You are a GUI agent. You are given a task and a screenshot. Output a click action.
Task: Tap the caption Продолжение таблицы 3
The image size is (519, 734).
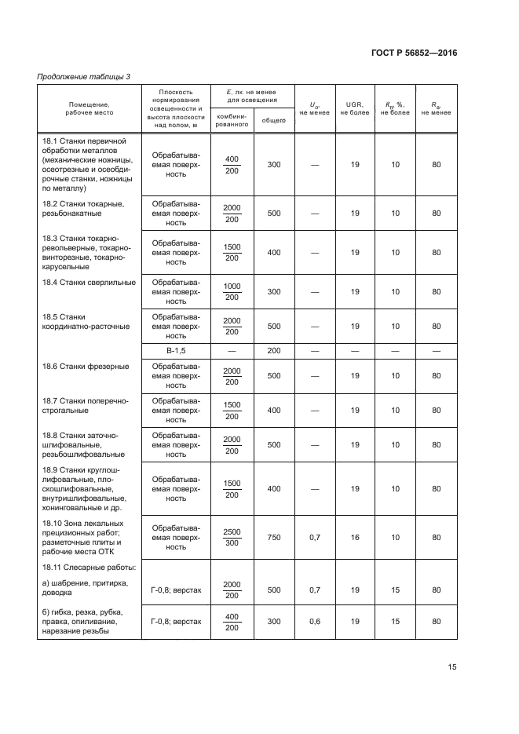pyautogui.click(x=84, y=76)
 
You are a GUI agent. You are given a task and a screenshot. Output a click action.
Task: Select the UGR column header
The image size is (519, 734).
pyautogui.click(x=355, y=108)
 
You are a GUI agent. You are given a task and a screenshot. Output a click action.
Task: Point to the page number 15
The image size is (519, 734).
pyautogui.click(x=451, y=667)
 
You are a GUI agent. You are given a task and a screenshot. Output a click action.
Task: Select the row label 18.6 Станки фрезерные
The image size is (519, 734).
pyautogui.click(x=85, y=367)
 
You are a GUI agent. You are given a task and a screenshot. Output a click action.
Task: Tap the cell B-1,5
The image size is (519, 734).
pyautogui.click(x=176, y=349)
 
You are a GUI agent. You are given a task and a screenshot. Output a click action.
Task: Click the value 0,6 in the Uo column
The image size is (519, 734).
pyautogui.click(x=314, y=621)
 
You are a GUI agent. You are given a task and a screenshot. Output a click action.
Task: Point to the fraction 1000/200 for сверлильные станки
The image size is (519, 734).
pyautogui.click(x=232, y=291)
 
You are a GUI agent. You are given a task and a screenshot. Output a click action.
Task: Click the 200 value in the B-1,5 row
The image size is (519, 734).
pyautogui.click(x=273, y=349)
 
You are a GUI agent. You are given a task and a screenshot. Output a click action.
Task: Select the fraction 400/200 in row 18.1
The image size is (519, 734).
pyautogui.click(x=232, y=165)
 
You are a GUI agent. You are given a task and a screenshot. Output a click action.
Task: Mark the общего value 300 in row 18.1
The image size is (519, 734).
pyautogui.click(x=273, y=165)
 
